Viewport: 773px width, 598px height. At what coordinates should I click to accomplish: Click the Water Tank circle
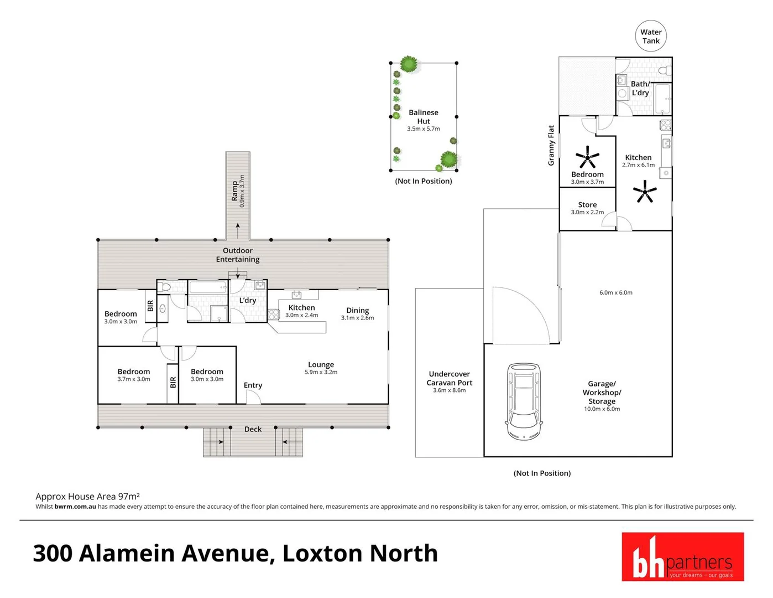650,37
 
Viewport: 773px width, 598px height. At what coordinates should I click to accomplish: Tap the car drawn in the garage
524,401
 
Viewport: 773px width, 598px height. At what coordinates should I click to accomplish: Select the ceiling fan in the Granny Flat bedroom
587,157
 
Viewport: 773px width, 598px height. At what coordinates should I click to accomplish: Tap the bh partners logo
682,556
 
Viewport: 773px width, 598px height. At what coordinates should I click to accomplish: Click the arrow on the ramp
238,226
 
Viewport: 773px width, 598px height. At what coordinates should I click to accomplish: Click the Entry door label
253,385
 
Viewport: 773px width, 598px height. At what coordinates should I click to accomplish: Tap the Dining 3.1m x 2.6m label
357,313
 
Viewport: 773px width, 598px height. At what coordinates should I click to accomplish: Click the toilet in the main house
164,287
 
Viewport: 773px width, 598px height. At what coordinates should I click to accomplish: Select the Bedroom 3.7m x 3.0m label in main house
133,375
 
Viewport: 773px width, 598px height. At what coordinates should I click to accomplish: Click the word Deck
253,429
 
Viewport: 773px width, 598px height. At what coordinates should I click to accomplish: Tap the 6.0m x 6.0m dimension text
615,292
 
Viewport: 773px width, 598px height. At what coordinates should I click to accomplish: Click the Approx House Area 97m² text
87,497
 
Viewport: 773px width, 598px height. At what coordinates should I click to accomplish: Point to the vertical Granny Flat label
551,145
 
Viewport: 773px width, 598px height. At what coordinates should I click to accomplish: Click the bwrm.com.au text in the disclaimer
75,507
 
